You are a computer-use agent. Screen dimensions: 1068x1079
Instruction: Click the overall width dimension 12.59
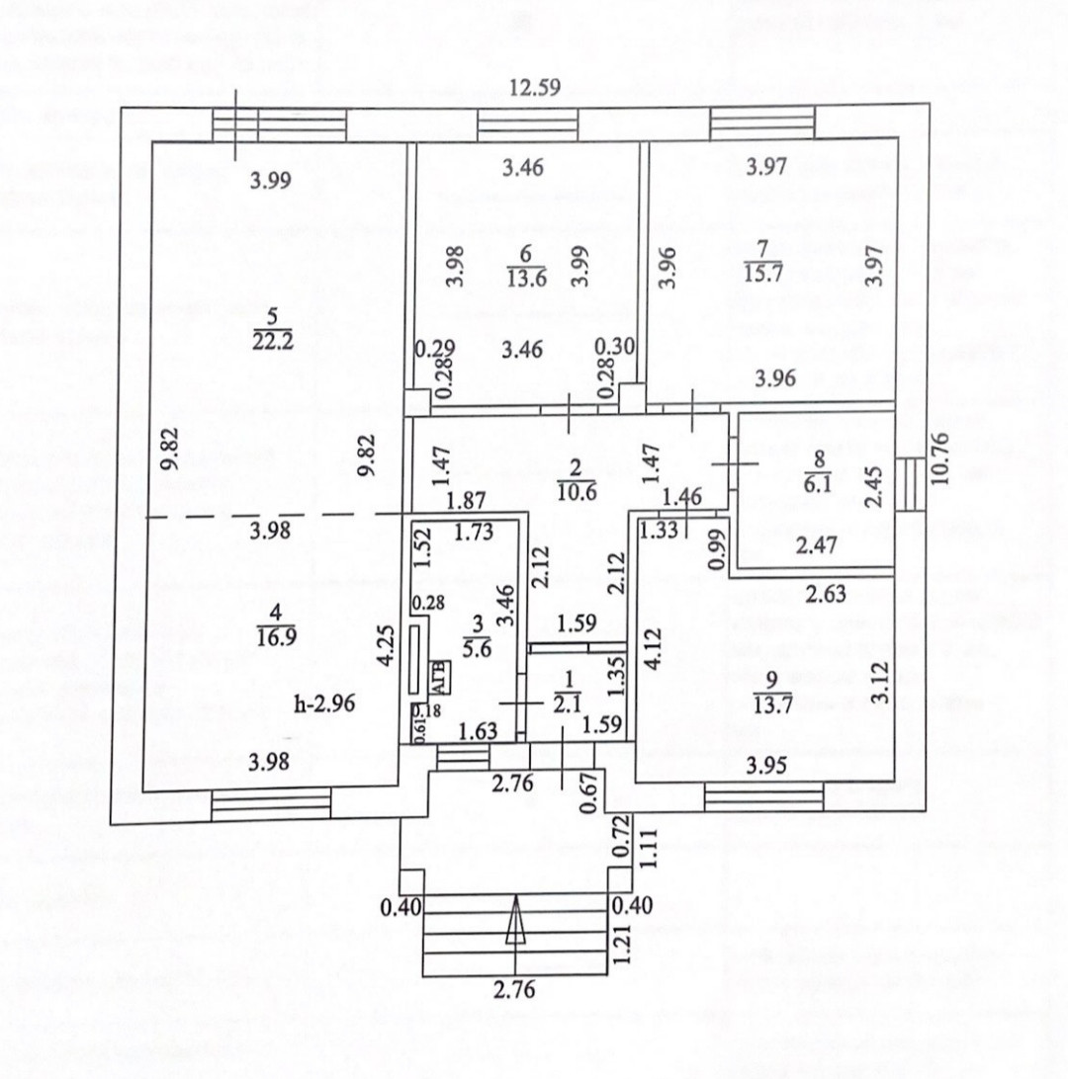(535, 87)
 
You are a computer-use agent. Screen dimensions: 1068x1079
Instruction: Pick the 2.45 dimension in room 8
(872, 483)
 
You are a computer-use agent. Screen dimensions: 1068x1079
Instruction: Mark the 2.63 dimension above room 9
(825, 595)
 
